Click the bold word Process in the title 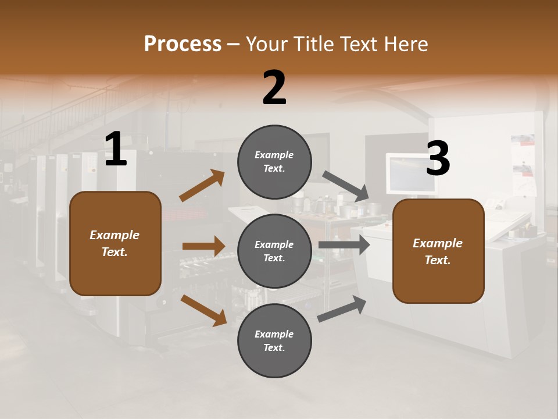[x=183, y=44]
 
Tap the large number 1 [x=116, y=150]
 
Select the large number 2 [x=274, y=88]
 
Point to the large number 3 [x=438, y=159]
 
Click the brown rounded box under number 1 [x=115, y=243]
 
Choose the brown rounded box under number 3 [x=438, y=251]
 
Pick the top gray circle [x=274, y=162]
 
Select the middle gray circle [x=274, y=251]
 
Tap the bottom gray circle [x=274, y=340]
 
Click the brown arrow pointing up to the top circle [x=202, y=186]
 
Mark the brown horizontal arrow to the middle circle [x=203, y=246]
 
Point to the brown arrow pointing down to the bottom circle [x=203, y=310]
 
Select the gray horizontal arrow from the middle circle [x=344, y=244]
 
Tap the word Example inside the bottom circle [x=274, y=334]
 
